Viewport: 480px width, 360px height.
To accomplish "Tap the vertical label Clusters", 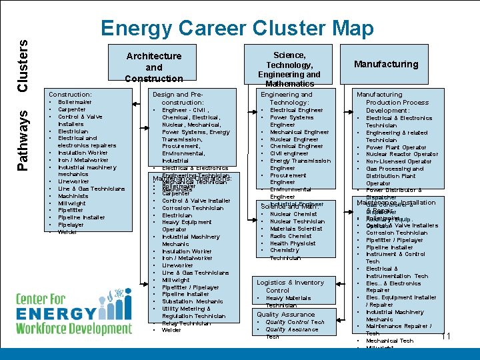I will click(x=23, y=65).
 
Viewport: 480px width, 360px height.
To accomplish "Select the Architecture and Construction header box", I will click(x=153, y=67).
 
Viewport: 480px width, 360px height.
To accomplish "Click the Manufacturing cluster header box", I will click(x=386, y=64).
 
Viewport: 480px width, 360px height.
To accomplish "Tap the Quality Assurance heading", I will click(x=286, y=314).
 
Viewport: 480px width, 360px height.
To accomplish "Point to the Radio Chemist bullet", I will click(x=291, y=236).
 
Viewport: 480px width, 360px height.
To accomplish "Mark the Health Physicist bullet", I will click(x=293, y=243).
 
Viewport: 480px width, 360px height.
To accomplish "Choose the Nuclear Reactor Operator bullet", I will click(x=402, y=154).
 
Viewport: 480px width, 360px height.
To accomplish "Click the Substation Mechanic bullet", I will click(x=192, y=301).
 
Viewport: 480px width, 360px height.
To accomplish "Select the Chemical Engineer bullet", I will click(x=296, y=146).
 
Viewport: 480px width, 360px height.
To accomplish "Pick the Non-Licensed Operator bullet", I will click(x=399, y=161).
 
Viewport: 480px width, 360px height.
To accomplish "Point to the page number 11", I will click(x=446, y=336).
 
